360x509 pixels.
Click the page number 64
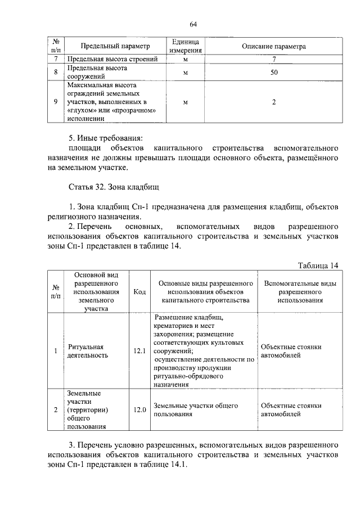point(192,24)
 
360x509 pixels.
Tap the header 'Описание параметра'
point(273,47)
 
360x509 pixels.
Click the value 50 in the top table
point(273,72)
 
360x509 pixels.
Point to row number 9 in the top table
point(56,102)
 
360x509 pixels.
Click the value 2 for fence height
point(273,102)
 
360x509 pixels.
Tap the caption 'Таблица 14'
point(318,265)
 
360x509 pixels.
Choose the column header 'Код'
point(139,292)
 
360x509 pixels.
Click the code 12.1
point(139,352)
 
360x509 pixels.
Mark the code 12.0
point(139,410)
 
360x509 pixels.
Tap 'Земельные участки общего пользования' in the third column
point(196,410)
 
